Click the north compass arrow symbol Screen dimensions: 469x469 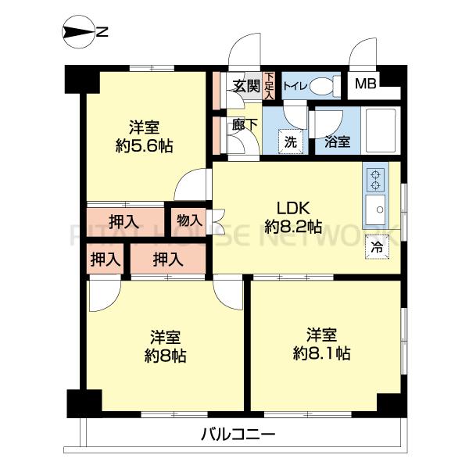click(78, 32)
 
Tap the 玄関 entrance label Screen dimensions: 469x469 click(246, 87)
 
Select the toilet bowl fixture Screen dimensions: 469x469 click(325, 87)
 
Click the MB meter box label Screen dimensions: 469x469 click(366, 84)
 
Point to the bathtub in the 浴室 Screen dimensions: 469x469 click(381, 130)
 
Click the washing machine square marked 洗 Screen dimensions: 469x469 click(290, 141)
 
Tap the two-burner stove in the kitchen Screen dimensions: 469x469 click(375, 180)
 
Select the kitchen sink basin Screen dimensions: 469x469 click(375, 209)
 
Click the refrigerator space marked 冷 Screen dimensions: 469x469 click(377, 247)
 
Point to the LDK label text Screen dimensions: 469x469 click(293, 208)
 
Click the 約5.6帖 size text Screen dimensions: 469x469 click(144, 146)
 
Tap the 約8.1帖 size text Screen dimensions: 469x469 click(321, 353)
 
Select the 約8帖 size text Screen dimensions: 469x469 click(165, 356)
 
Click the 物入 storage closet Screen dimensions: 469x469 click(188, 221)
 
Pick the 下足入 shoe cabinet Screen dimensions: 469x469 click(269, 86)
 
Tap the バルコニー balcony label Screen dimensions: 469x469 click(238, 435)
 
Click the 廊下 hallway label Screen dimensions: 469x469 click(245, 124)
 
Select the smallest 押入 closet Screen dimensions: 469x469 click(105, 259)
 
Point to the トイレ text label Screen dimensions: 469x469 click(295, 87)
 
